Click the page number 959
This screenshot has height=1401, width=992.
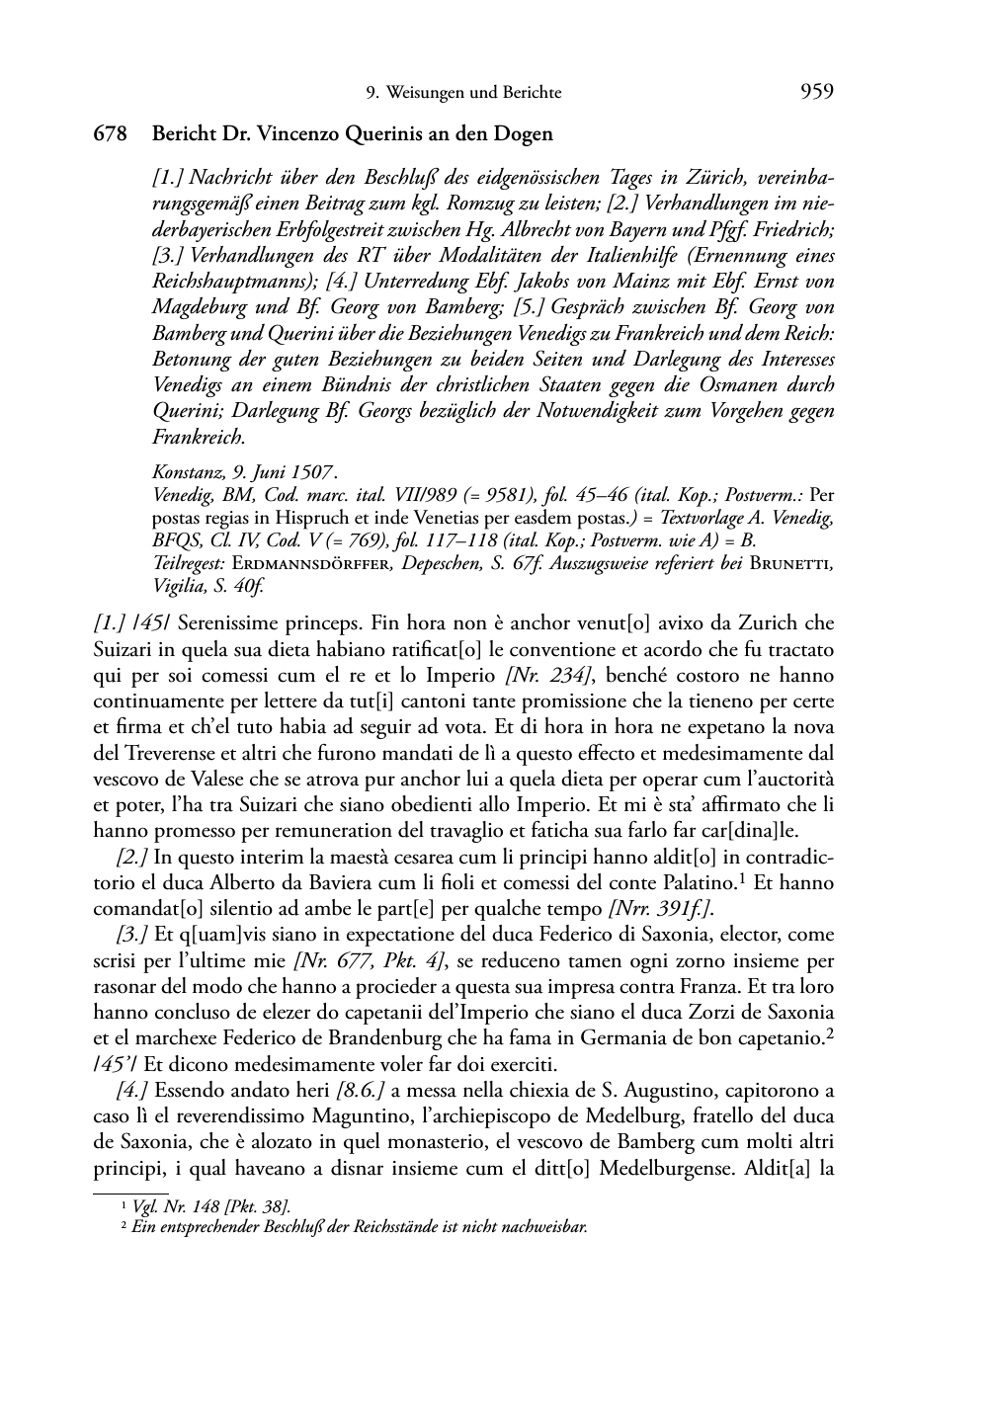(816, 92)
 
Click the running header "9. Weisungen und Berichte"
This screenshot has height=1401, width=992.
(463, 93)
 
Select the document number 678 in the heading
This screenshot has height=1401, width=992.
(110, 133)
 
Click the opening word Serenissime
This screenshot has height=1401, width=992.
(205, 623)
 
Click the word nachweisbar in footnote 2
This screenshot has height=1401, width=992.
(546, 1228)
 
